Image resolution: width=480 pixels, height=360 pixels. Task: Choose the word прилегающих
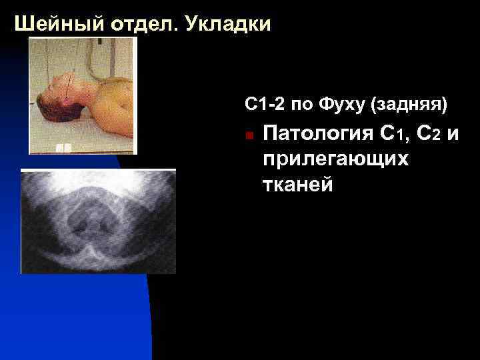[335, 160]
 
